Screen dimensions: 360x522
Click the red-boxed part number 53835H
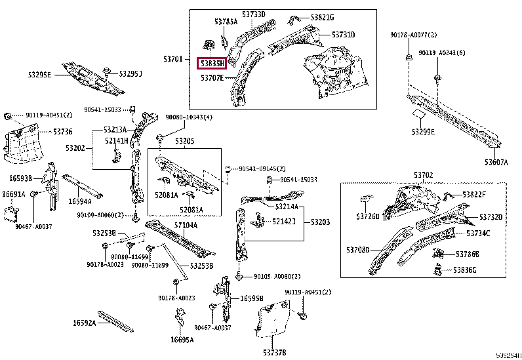point(212,63)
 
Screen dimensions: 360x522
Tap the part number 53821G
point(322,17)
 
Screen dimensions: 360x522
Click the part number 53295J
point(130,73)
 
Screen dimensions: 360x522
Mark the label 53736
point(63,132)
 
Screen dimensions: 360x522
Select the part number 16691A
point(13,194)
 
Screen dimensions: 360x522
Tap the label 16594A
point(80,202)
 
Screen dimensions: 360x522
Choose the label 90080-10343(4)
point(189,117)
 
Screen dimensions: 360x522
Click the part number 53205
point(185,141)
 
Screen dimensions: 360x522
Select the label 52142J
point(283,222)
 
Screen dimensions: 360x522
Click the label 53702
point(423,174)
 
